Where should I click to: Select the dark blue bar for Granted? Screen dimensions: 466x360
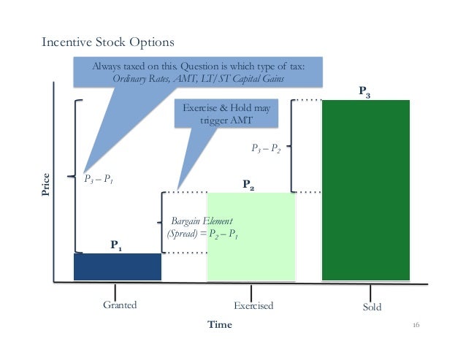click(x=117, y=267)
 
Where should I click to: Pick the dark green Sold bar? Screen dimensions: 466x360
click(x=365, y=190)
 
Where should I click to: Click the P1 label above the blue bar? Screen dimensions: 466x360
click(x=116, y=245)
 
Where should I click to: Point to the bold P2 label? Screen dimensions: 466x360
click(x=248, y=185)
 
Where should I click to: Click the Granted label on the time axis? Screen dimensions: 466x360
click(x=120, y=306)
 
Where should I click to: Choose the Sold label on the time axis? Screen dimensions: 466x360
click(x=372, y=307)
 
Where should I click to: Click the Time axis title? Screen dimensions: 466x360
click(x=219, y=325)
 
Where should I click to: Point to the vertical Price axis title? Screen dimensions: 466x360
click(x=46, y=183)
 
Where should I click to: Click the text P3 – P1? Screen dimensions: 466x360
click(x=99, y=177)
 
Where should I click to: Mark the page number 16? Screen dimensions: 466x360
click(x=419, y=324)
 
